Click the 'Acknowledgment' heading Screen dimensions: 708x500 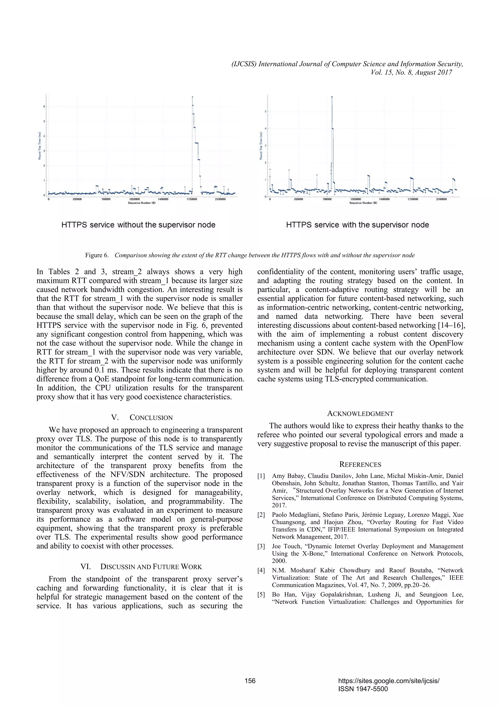pyautogui.click(x=360, y=414)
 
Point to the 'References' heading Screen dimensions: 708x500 pyautogui.click(x=360, y=464)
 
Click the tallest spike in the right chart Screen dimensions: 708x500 pyautogui.click(x=332, y=97)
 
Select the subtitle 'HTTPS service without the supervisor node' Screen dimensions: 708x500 pyautogui.click(x=138, y=225)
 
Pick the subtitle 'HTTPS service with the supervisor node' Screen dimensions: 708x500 pyautogui.click(x=357, y=225)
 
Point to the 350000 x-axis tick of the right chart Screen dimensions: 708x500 pyautogui.click(x=298, y=199)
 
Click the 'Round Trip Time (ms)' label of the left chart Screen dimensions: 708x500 pyautogui.click(x=40, y=146)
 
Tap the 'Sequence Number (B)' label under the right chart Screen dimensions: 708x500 pyautogui.click(x=363, y=203)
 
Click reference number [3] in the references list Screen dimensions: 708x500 pyautogui.click(x=261, y=547)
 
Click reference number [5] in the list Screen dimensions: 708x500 pyautogui.click(x=261, y=595)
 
